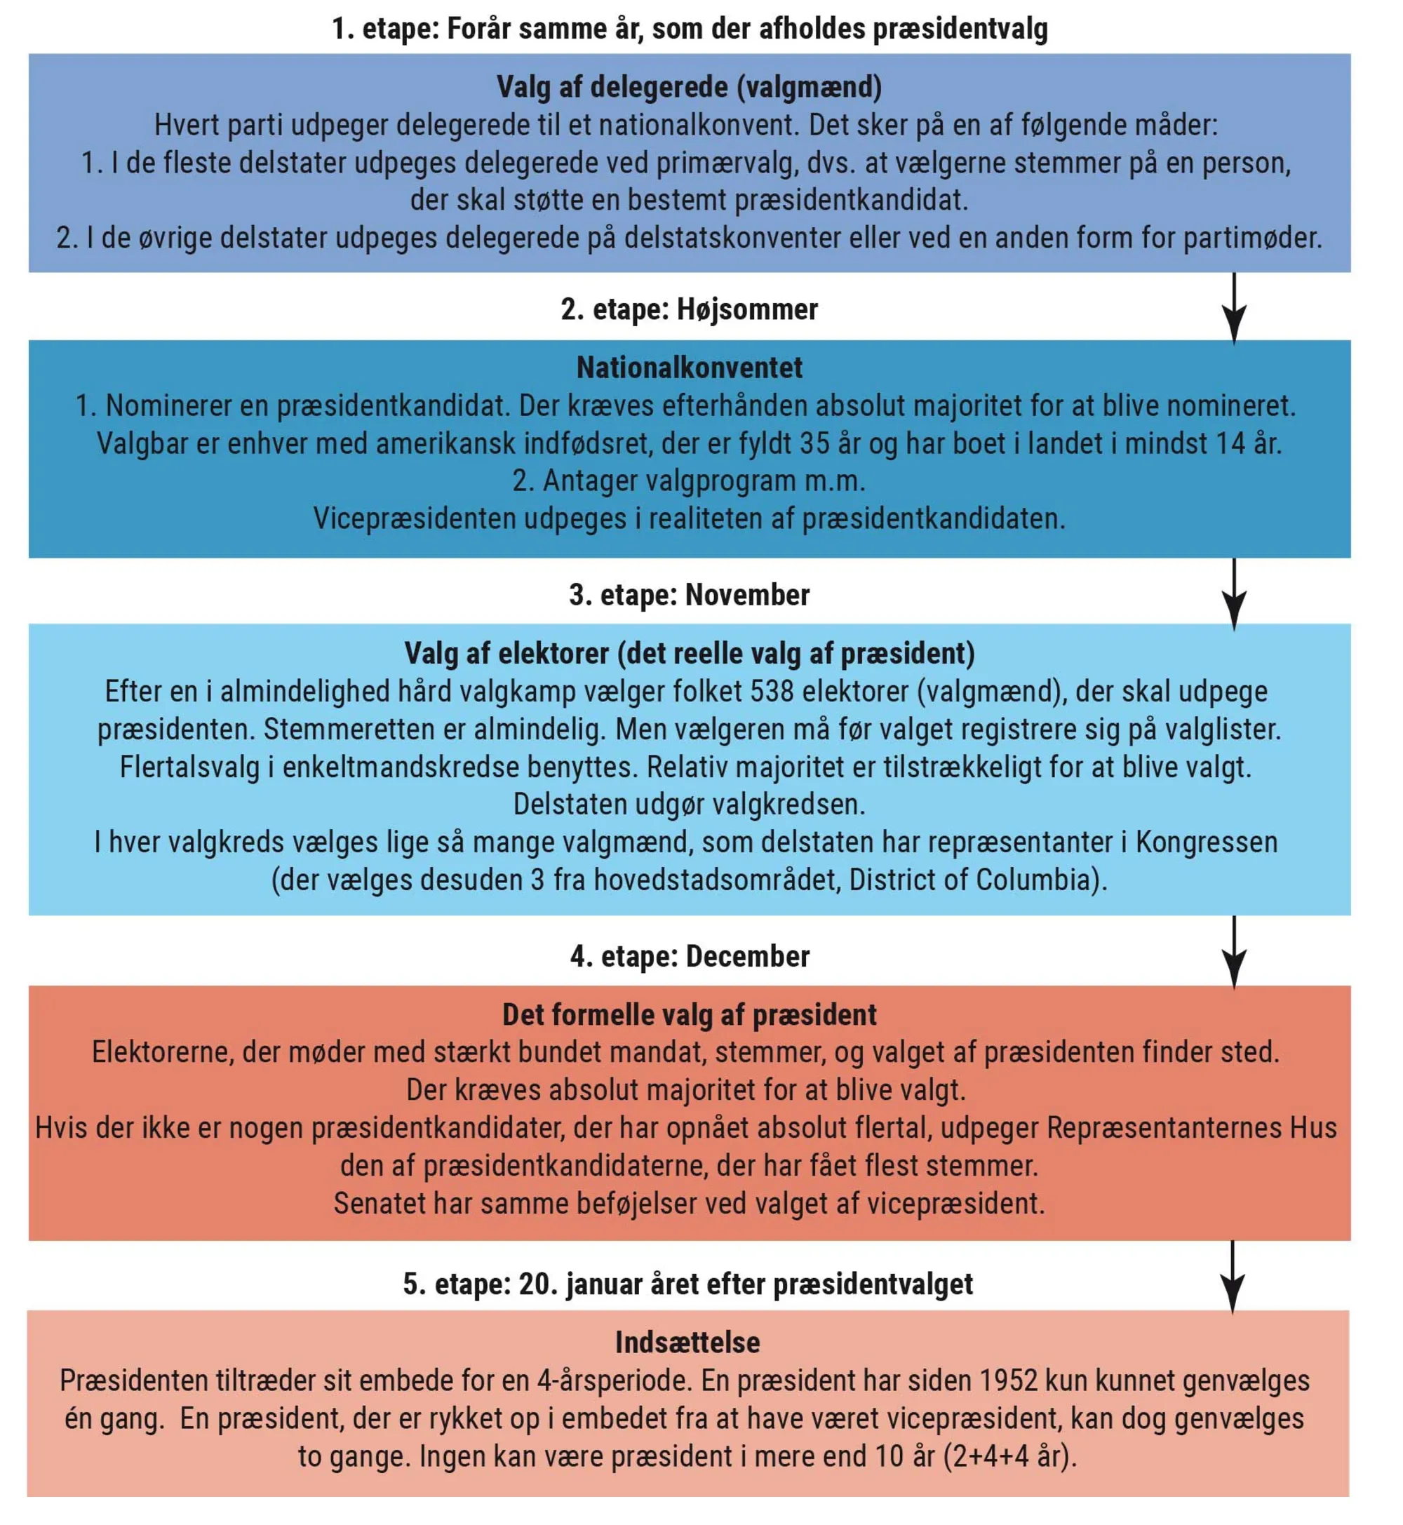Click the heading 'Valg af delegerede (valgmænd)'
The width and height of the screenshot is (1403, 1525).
click(x=689, y=87)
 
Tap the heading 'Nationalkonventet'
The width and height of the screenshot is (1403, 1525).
click(x=689, y=368)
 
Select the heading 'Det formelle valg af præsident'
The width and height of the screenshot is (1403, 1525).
click(x=689, y=1015)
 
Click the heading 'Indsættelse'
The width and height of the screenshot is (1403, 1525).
click(x=687, y=1343)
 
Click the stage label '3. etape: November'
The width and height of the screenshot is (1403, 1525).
click(x=689, y=595)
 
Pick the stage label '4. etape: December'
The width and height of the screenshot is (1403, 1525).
click(x=689, y=956)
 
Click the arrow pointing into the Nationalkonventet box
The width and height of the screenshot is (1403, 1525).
click(x=1234, y=307)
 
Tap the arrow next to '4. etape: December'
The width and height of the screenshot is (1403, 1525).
click(x=1234, y=952)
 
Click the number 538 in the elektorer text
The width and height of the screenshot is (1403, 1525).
click(x=772, y=692)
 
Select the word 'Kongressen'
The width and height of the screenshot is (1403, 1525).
click(x=1207, y=842)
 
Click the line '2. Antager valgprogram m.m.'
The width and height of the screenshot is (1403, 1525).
click(x=689, y=481)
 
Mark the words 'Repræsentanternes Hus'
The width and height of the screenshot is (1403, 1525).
click(x=1191, y=1128)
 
